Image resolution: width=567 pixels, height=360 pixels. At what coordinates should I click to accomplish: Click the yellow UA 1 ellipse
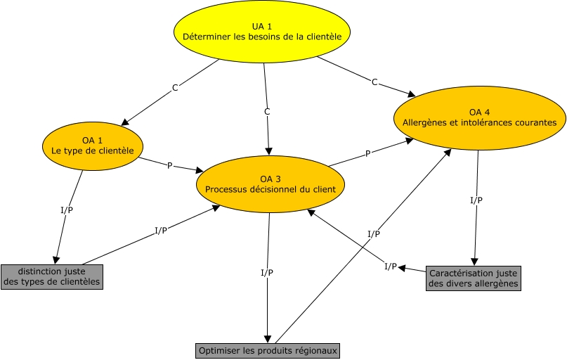pyautogui.click(x=262, y=32)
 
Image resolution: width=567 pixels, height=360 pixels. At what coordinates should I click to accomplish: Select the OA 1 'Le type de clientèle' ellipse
pyautogui.click(x=93, y=146)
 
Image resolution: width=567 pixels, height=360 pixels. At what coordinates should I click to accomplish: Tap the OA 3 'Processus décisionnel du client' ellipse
pyautogui.click(x=271, y=184)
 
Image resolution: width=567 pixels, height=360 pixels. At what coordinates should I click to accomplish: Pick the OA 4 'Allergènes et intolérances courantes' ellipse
pyautogui.click(x=479, y=118)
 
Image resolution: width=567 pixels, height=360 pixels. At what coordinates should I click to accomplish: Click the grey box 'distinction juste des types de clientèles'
pyautogui.click(x=52, y=277)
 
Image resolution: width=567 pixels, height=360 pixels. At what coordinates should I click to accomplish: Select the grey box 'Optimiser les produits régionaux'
pyautogui.click(x=268, y=351)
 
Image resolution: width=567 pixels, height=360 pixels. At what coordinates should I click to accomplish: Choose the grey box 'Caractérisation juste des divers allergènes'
pyautogui.click(x=474, y=278)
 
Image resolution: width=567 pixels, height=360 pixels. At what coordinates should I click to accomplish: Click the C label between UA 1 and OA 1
pyautogui.click(x=175, y=88)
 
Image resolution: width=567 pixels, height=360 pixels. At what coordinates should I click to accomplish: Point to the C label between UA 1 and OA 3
pyautogui.click(x=267, y=112)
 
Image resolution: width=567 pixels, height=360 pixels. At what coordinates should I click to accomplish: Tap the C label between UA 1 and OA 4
pyautogui.click(x=374, y=82)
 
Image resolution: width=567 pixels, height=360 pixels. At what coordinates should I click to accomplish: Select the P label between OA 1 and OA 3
pyautogui.click(x=169, y=166)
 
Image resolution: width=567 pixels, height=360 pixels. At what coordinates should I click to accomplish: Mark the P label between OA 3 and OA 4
pyautogui.click(x=367, y=154)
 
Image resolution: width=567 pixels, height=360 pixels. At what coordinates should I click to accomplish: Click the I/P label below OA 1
pyautogui.click(x=67, y=210)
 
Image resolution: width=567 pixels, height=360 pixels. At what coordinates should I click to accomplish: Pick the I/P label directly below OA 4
pyautogui.click(x=476, y=200)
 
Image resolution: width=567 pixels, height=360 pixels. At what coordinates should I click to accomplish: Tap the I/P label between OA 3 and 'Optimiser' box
pyautogui.click(x=267, y=272)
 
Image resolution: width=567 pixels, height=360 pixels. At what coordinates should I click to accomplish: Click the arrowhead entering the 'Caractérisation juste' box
pyautogui.click(x=474, y=262)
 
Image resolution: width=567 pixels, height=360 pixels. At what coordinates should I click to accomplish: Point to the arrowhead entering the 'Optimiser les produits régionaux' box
pyautogui.click(x=268, y=339)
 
